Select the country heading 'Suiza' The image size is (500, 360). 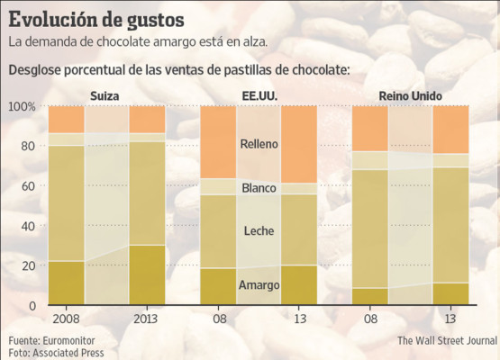pyautogui.click(x=106, y=96)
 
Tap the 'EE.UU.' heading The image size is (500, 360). pyautogui.click(x=259, y=96)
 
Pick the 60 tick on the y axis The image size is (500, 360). pyautogui.click(x=28, y=186)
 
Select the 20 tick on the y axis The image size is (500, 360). pyautogui.click(x=28, y=265)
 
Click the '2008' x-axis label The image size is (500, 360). pyautogui.click(x=66, y=319)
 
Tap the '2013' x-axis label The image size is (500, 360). pyautogui.click(x=147, y=319)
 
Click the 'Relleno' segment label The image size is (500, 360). pyautogui.click(x=259, y=143)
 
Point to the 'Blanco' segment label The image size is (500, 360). pyautogui.click(x=259, y=188)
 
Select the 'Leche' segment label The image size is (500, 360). pyautogui.click(x=259, y=231)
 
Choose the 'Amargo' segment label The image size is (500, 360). pyautogui.click(x=259, y=285)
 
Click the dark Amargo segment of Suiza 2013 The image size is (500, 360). pyautogui.click(x=147, y=274)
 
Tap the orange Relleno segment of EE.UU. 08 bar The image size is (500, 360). pyautogui.click(x=218, y=141)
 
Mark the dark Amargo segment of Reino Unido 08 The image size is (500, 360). pyautogui.click(x=369, y=296)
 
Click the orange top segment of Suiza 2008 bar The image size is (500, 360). pyautogui.click(x=66, y=119)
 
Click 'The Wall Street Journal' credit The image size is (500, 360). pyautogui.click(x=447, y=341)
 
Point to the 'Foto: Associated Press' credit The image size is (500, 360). pyautogui.click(x=57, y=353)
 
